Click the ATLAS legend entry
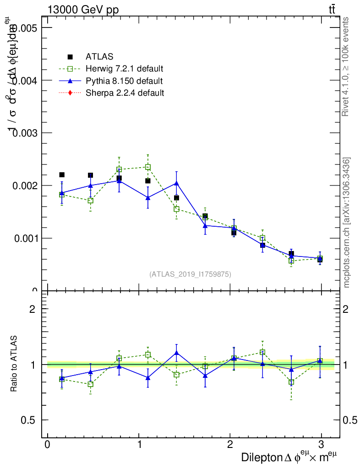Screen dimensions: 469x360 99,57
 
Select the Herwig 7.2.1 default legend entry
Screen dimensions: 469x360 124,69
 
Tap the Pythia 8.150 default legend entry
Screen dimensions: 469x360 124,81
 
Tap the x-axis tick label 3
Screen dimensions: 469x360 321,444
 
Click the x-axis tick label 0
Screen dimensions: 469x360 48,444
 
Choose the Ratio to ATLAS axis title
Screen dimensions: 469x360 14,365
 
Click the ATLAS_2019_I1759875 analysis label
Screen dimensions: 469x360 190,274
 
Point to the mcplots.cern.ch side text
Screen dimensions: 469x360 347,223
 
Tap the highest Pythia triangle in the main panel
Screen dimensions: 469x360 119,180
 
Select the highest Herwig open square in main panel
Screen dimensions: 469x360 148,167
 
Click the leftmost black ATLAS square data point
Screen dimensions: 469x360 62,175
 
